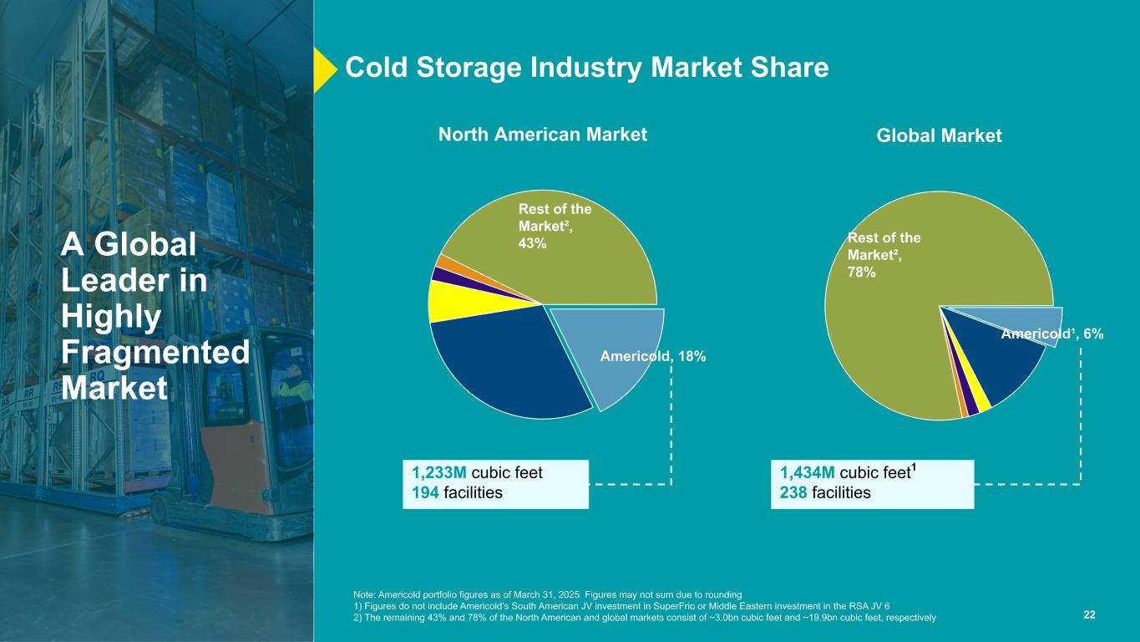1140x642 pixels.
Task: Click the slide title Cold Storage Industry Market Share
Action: (x=586, y=68)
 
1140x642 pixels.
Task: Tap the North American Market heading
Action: (x=543, y=134)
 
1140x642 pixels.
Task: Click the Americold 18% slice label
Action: (x=653, y=357)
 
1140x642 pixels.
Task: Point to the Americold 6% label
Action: (x=1051, y=334)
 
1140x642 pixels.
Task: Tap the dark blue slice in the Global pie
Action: (x=1006, y=368)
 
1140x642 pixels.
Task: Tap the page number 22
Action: (x=1089, y=615)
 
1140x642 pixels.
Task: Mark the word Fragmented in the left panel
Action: (x=155, y=352)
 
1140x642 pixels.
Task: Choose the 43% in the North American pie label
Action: (x=533, y=243)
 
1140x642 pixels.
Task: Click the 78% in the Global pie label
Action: (x=862, y=273)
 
